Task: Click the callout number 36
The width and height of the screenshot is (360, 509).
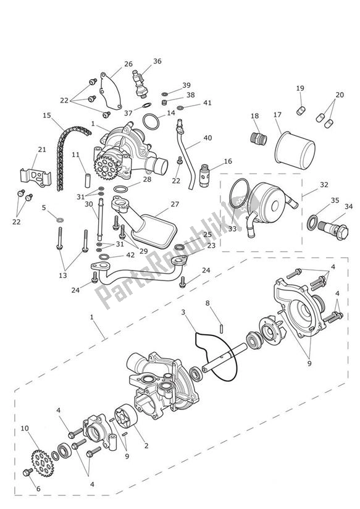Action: coord(157,61)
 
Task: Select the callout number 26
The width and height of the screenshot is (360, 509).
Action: coord(128,64)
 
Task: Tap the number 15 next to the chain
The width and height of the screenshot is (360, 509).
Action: coord(47,115)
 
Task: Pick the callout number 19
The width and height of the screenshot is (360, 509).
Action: coord(300,89)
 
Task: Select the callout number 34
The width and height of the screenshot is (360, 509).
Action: coord(350,206)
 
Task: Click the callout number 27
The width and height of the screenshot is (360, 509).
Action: coord(175,204)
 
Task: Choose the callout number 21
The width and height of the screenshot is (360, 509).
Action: coord(41,149)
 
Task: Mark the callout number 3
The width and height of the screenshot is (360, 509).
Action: coord(183,313)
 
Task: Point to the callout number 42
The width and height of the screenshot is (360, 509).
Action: coord(130,254)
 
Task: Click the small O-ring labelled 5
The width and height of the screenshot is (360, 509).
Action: coord(58,219)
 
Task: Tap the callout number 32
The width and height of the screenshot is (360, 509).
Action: coord(324,185)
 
